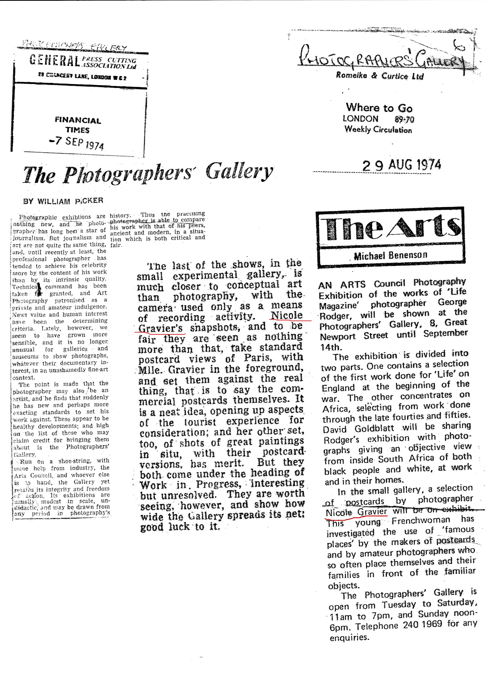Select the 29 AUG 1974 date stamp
pyautogui.click(x=402, y=165)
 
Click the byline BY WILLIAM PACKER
pyautogui.click(x=63, y=201)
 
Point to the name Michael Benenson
pyautogui.click(x=390, y=255)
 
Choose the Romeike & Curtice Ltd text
pyautogui.click(x=380, y=75)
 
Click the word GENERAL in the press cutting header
pyautogui.click(x=54, y=61)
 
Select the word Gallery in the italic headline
pyautogui.click(x=239, y=172)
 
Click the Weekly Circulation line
pyautogui.click(x=378, y=129)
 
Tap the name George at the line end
pyautogui.click(x=452, y=302)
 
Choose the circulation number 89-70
pyautogui.click(x=404, y=119)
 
